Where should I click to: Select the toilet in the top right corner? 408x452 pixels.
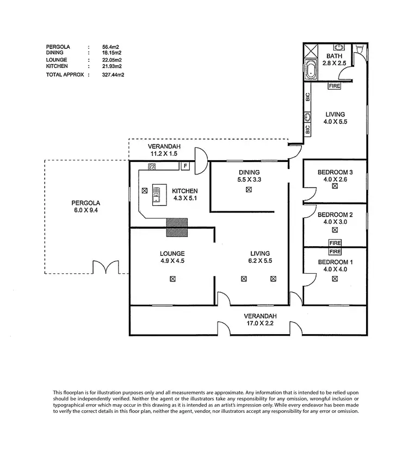[359, 51]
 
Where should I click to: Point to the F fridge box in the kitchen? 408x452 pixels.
[186, 166]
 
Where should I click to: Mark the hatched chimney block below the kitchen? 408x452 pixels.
[176, 227]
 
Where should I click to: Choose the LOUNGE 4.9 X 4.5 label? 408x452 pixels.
[172, 258]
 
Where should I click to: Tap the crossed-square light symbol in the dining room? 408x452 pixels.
[249, 190]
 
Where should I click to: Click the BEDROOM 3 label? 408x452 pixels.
[335, 173]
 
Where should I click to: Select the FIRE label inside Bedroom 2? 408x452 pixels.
[335, 243]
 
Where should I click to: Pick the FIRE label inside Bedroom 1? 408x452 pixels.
[335, 252]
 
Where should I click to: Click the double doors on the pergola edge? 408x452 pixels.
[106, 268]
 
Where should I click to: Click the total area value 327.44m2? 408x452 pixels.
[113, 75]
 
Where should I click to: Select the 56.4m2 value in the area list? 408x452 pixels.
[111, 47]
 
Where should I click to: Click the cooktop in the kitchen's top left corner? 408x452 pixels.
[152, 166]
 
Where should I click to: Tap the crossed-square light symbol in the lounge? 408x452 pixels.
[172, 279]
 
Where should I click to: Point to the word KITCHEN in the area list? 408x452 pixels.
[57, 66]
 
